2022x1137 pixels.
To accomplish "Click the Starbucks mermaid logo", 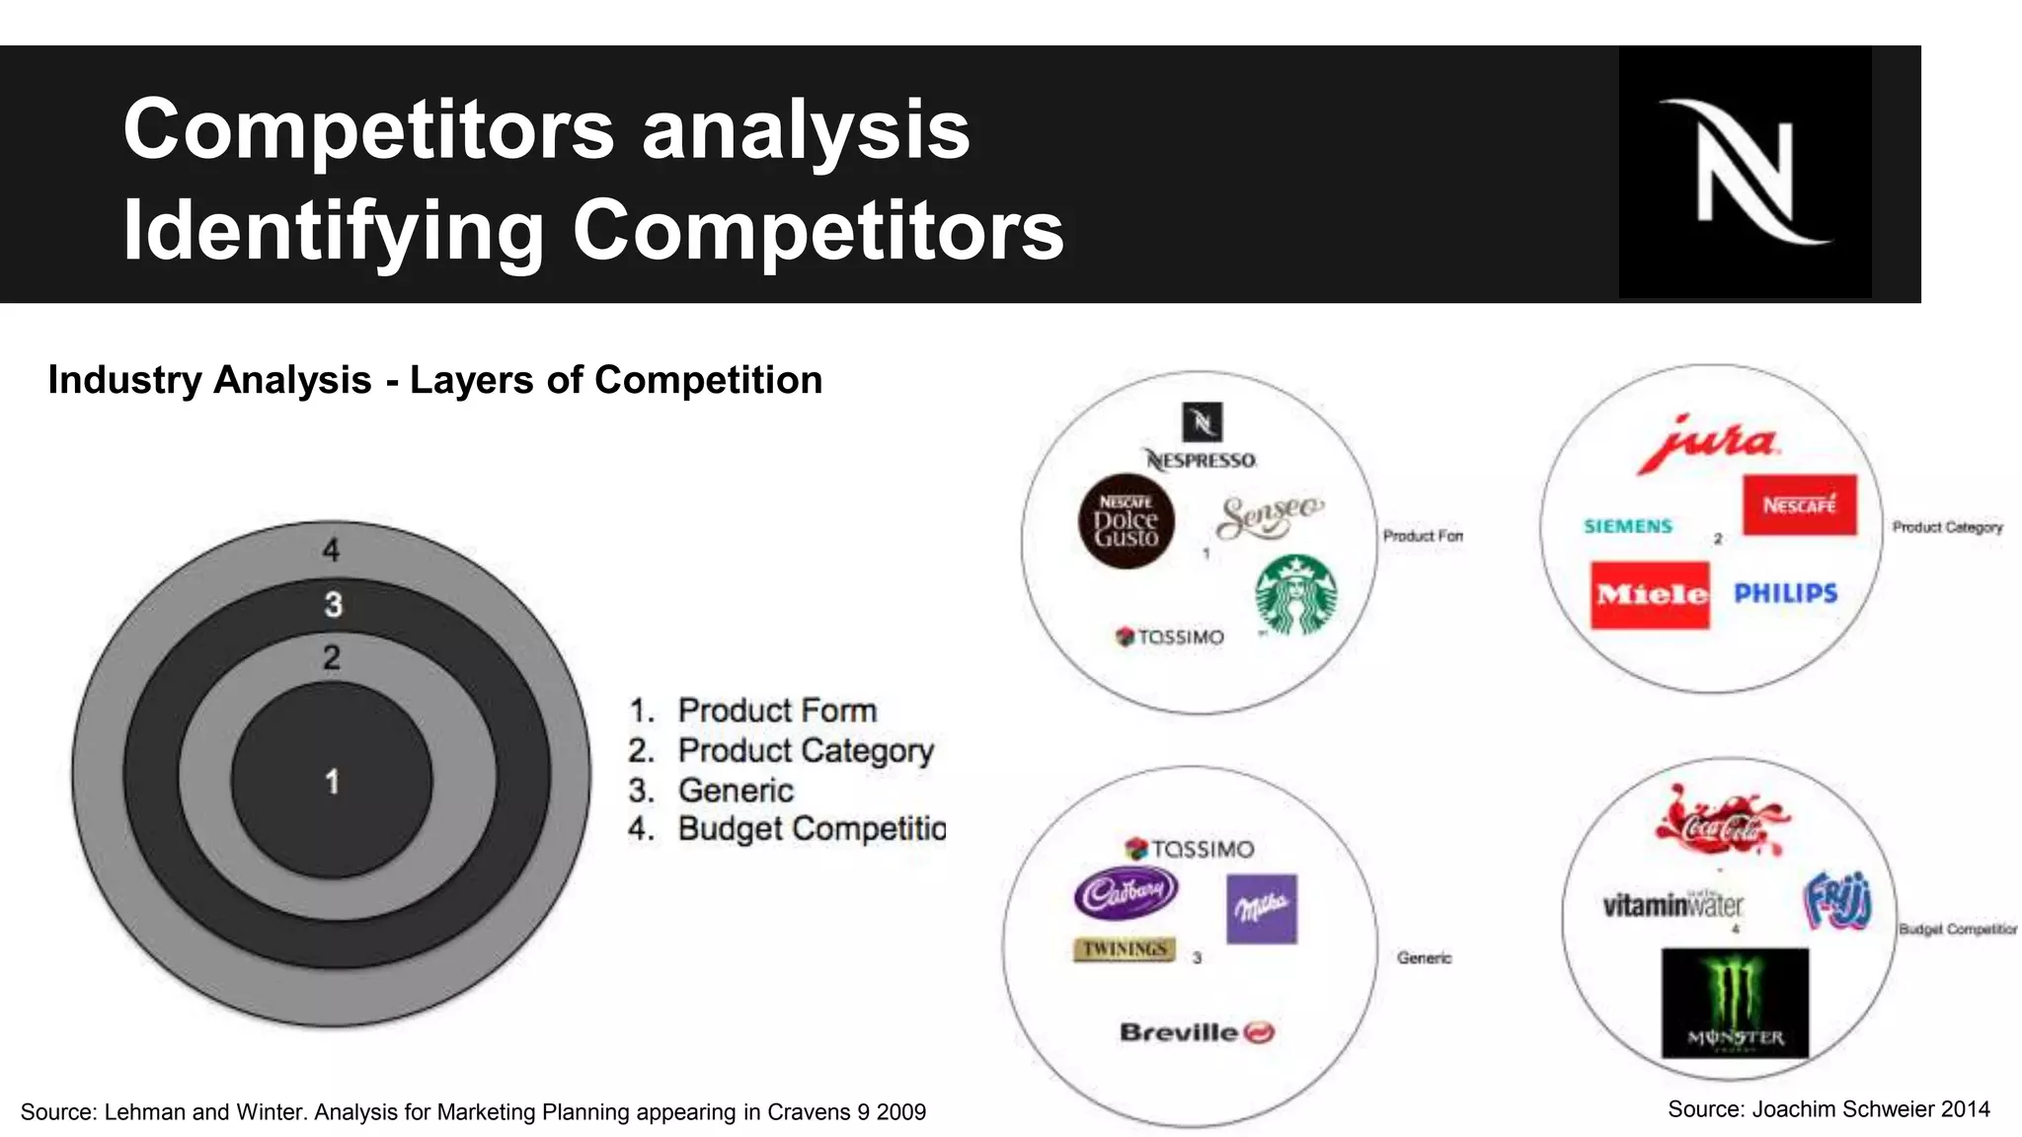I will point(1296,594).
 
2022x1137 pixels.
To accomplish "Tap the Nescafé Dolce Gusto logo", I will point(1126,521).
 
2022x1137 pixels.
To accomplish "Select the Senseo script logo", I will point(1269,515).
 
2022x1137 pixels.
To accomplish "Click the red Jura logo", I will point(1710,441).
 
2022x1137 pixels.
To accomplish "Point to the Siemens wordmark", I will point(1628,526).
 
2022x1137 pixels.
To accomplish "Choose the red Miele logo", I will point(1650,594).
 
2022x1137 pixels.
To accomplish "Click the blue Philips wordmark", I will point(1785,593).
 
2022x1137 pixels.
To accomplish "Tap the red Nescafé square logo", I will point(1799,504).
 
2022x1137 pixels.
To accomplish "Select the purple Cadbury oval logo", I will point(1126,893).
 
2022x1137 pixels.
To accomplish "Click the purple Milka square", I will point(1262,908).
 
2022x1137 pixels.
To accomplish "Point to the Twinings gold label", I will point(1125,948).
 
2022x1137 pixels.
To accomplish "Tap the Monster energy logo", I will point(1735,1003).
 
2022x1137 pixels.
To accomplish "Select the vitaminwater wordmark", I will point(1672,904).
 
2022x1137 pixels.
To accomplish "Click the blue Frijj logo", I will point(1837,900).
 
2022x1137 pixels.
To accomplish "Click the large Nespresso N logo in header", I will point(1745,172).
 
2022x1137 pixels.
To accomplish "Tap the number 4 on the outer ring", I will point(332,550).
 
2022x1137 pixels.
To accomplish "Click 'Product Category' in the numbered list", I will point(805,751).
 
